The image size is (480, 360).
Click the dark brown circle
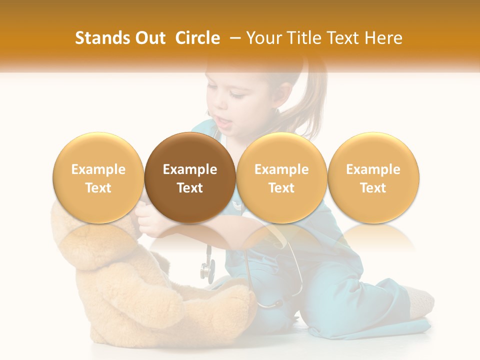coord(190,177)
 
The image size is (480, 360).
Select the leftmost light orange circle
coord(98,177)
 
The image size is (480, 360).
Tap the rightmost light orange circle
coord(373,177)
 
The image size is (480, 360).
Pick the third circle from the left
coord(281,177)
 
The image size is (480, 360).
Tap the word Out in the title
coord(149,38)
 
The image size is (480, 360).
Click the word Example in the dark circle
coord(190,169)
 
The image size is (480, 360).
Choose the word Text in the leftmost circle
coord(98,188)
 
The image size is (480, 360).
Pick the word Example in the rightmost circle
coord(373,169)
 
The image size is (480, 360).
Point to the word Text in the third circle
coord(281,188)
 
